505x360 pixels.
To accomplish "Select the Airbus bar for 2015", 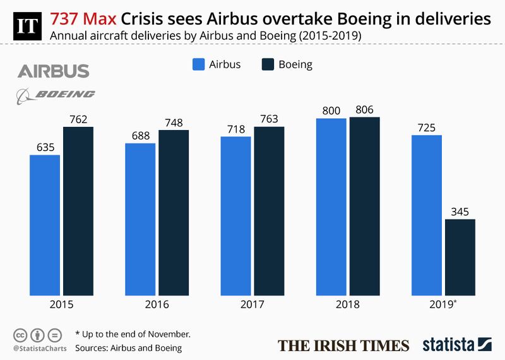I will pyautogui.click(x=45, y=225).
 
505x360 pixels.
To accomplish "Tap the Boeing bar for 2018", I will pyautogui.click(x=364, y=206).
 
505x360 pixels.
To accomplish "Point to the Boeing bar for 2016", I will pyautogui.click(x=174, y=212).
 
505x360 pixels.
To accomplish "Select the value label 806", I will pyautogui.click(x=364, y=109).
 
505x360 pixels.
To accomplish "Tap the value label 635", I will pyautogui.click(x=45, y=147).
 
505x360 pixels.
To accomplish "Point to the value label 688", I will pyautogui.click(x=140, y=135).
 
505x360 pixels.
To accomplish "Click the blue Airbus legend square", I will pyautogui.click(x=198, y=64).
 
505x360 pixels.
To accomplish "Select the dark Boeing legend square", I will pyautogui.click(x=267, y=64).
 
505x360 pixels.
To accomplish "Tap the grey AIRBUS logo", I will pyautogui.click(x=53, y=71).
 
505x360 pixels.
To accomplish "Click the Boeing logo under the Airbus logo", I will pyautogui.click(x=56, y=95).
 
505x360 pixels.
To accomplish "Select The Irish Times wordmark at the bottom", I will pyautogui.click(x=343, y=345).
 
